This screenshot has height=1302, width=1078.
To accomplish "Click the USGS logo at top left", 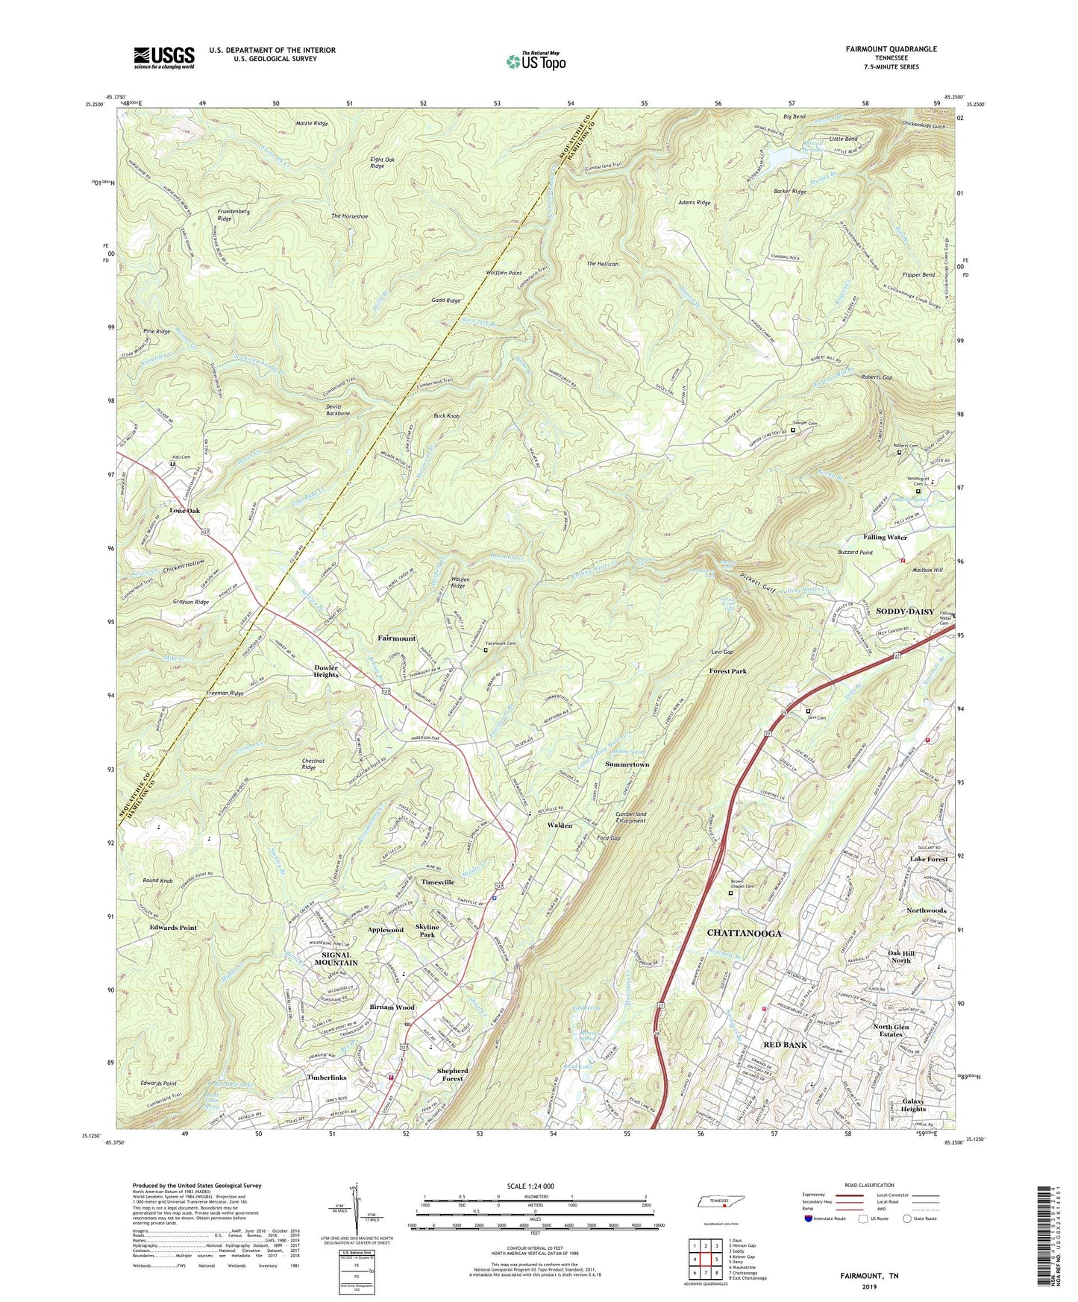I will point(163,57).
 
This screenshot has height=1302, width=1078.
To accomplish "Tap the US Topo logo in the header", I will point(535,61).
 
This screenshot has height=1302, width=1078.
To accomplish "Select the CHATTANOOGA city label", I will point(744,934).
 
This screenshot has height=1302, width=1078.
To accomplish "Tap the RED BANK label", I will point(785,1045).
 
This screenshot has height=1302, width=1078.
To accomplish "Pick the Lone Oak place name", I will point(184,511).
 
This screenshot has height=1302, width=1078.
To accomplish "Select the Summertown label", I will point(627,764).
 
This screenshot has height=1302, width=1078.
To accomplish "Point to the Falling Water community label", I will point(885,537).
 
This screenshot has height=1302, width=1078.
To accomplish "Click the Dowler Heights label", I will point(325,671).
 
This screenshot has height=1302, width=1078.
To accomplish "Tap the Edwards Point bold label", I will point(172,928).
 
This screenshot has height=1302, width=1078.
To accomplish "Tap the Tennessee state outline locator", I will point(721,1203).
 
